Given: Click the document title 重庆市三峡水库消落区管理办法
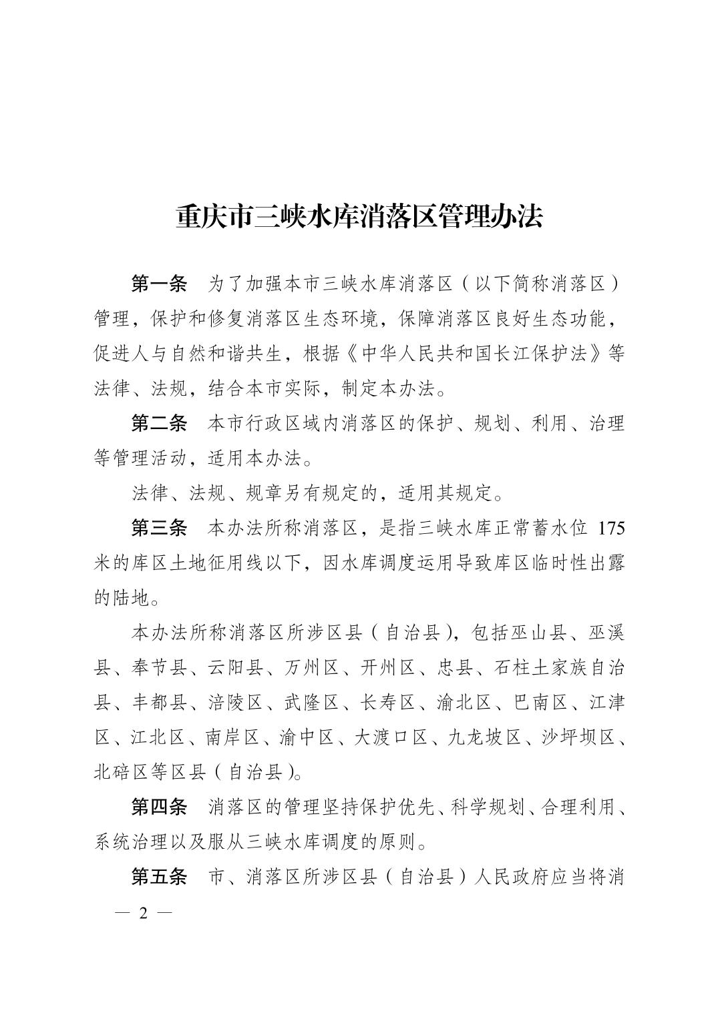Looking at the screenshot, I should (x=359, y=218).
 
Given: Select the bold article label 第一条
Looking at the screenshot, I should (x=159, y=284).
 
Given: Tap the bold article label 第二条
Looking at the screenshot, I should (x=159, y=423).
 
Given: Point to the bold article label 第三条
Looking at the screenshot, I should (x=159, y=528).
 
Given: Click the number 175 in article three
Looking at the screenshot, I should (x=611, y=529).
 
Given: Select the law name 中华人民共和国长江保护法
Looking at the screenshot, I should (x=474, y=354).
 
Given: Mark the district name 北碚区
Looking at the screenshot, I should (x=120, y=772).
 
